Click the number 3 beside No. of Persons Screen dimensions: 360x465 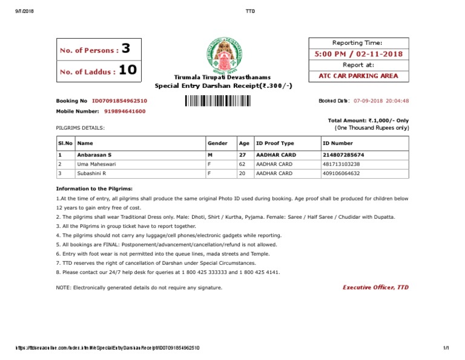coord(125,49)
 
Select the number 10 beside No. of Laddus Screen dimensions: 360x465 coord(127,71)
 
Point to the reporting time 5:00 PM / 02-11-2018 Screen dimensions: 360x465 coord(358,55)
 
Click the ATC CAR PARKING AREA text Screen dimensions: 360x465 coord(358,76)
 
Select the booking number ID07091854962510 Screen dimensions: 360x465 coord(119,101)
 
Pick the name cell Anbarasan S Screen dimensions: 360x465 coord(94,155)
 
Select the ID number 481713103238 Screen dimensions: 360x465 coord(341,164)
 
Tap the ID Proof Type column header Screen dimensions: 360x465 coord(275,144)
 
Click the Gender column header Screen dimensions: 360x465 coord(217,144)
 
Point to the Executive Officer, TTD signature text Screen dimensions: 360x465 coord(375,287)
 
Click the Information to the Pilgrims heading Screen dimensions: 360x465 coord(94,189)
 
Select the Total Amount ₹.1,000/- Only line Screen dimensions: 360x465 coord(368,121)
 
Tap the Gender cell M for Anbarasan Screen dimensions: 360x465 coord(209,155)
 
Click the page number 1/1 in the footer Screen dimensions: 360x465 coord(447,347)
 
